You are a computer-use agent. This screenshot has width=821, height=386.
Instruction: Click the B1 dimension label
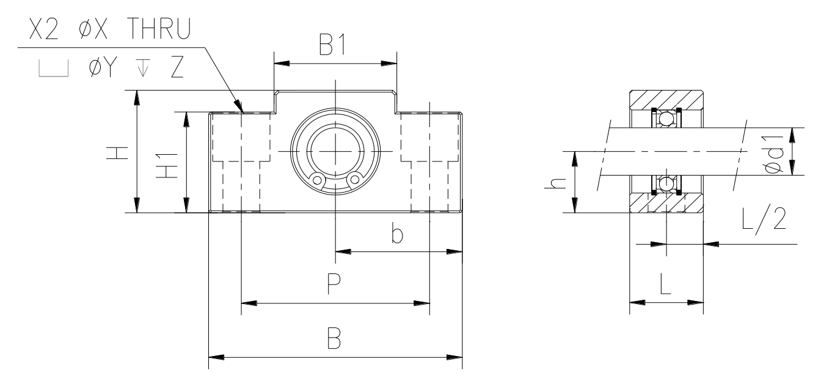(332, 45)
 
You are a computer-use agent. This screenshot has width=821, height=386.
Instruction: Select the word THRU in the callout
(159, 29)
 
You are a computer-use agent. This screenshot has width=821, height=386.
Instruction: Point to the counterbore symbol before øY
(54, 69)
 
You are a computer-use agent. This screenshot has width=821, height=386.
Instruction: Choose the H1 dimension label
(167, 166)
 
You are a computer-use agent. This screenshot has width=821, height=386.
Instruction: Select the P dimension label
(334, 284)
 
